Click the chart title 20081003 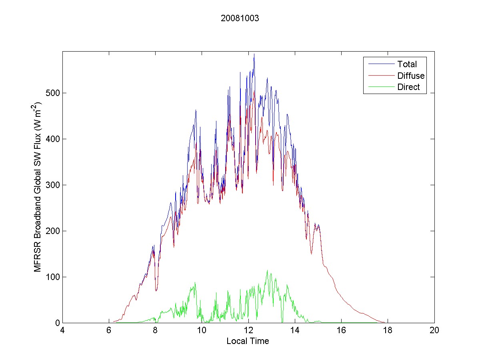(x=240, y=18)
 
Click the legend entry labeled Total (x=407, y=64)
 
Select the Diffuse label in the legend (x=411, y=76)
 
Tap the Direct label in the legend (x=408, y=88)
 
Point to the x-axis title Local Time (x=248, y=341)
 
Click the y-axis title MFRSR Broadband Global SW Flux (x=38, y=187)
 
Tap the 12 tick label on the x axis (x=248, y=330)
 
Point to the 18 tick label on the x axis (x=388, y=330)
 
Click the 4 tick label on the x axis (x=62, y=330)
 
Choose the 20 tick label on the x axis (x=434, y=330)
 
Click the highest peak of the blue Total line (x=254, y=54)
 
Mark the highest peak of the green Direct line (x=268, y=270)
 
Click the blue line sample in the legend (x=380, y=64)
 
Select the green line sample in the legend (x=380, y=88)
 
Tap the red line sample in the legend (x=380, y=76)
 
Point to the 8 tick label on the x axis (x=155, y=330)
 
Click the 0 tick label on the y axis (x=58, y=323)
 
